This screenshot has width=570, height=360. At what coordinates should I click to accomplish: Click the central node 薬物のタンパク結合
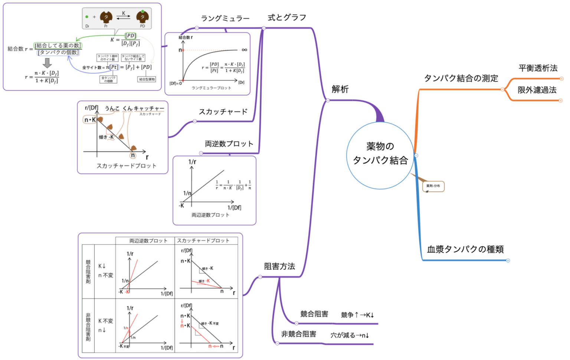point(380,154)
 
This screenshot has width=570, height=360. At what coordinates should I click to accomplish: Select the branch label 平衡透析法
point(538,68)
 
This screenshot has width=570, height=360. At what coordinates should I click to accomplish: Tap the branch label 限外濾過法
point(537,90)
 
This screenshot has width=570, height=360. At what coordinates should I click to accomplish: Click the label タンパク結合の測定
point(461,78)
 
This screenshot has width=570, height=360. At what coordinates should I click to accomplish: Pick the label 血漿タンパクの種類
point(465,249)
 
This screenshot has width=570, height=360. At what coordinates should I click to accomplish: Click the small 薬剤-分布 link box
point(433,186)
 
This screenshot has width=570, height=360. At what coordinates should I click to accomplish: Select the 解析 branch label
point(340,89)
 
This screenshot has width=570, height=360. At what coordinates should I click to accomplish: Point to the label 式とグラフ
point(287,17)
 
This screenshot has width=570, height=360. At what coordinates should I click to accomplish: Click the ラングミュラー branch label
point(225,18)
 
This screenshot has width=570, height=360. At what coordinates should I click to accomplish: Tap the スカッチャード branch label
point(223,112)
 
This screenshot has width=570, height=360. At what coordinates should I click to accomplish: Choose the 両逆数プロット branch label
point(229,144)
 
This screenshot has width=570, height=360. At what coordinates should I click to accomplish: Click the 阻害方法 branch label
point(279,266)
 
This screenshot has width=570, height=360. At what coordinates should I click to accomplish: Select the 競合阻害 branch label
point(314,314)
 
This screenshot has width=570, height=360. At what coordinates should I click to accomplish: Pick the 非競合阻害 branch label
point(298,334)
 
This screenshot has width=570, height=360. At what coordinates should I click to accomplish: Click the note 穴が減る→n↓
point(350,335)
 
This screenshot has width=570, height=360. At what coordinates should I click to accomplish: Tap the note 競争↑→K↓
point(357,315)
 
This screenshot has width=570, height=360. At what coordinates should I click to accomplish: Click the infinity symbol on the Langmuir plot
point(244,50)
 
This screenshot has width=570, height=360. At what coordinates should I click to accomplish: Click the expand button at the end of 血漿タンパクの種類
point(508,261)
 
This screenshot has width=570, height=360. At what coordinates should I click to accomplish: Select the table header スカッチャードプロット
point(203,240)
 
